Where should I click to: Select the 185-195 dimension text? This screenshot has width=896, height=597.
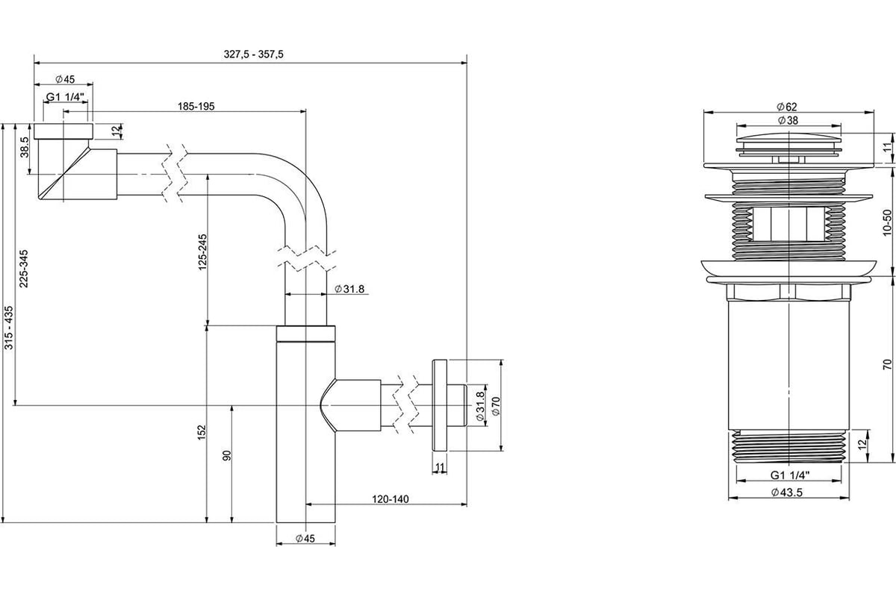[x=196, y=107]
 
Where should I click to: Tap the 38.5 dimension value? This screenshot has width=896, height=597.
[x=25, y=147]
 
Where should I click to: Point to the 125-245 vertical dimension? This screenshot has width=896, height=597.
[x=202, y=253]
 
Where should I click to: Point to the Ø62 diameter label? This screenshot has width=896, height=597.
[x=787, y=107]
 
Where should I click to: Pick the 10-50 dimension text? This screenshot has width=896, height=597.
[x=886, y=222]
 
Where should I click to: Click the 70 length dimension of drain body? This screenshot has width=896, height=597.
[x=886, y=363]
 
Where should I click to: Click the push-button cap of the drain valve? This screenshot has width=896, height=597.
[x=788, y=142]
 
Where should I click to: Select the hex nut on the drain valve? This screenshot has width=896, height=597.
[x=788, y=290]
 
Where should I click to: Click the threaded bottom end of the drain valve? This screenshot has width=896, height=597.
[x=788, y=447]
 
